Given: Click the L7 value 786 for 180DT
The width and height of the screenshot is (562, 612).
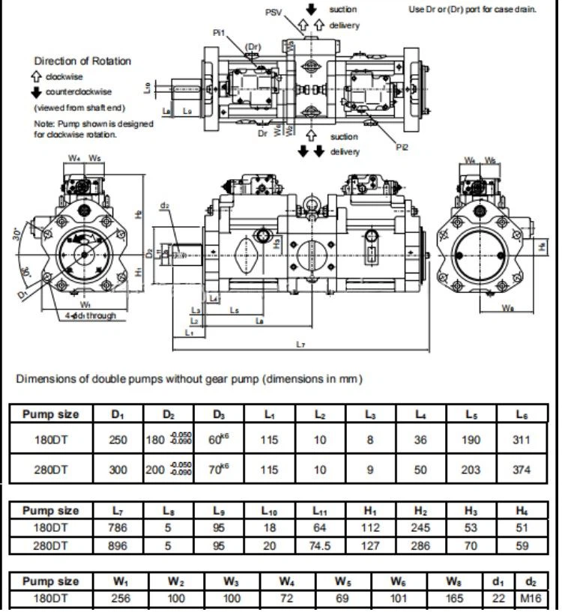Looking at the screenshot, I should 118,528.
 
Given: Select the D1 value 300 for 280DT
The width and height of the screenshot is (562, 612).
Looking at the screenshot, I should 118,470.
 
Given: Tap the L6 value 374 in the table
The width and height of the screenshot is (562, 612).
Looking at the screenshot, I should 522,470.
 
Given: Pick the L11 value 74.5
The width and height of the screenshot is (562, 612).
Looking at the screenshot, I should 320,546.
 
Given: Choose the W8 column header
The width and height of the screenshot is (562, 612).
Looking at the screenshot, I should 453,581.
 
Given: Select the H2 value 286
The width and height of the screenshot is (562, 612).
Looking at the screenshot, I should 421,546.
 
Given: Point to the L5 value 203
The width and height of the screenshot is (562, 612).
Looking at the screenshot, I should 471,470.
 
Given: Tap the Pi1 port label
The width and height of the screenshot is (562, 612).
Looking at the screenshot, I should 219,32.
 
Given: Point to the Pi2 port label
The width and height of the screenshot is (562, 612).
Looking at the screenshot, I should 402,148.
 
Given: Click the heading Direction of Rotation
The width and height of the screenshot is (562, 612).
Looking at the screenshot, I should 82,61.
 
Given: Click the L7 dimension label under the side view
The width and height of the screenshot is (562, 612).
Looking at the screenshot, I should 300,344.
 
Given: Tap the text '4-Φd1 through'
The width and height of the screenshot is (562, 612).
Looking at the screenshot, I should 90,315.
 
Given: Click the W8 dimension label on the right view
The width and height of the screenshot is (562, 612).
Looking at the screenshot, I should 507,307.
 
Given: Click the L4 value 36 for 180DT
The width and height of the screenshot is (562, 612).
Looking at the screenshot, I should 421,440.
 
